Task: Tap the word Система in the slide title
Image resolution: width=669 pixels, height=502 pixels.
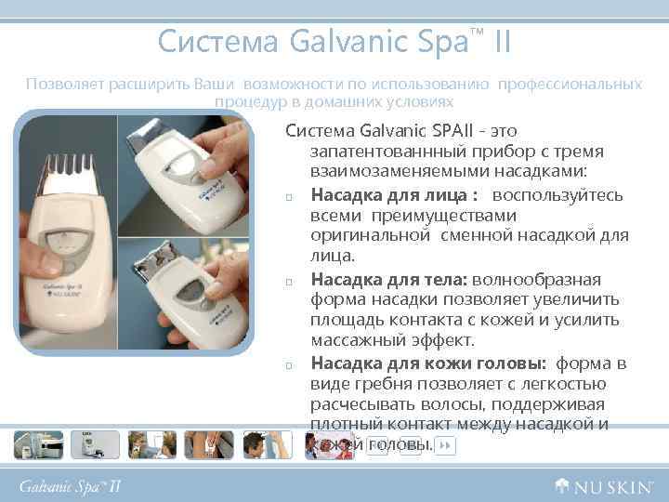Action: [217, 42]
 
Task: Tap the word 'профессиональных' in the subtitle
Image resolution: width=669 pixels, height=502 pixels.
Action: [570, 85]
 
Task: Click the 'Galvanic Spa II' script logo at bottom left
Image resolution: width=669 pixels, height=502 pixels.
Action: [71, 485]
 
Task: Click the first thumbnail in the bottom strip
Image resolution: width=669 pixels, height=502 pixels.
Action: [38, 445]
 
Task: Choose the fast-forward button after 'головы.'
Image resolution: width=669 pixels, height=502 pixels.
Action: [445, 446]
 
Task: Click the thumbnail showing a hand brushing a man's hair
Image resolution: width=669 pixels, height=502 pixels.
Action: [264, 445]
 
